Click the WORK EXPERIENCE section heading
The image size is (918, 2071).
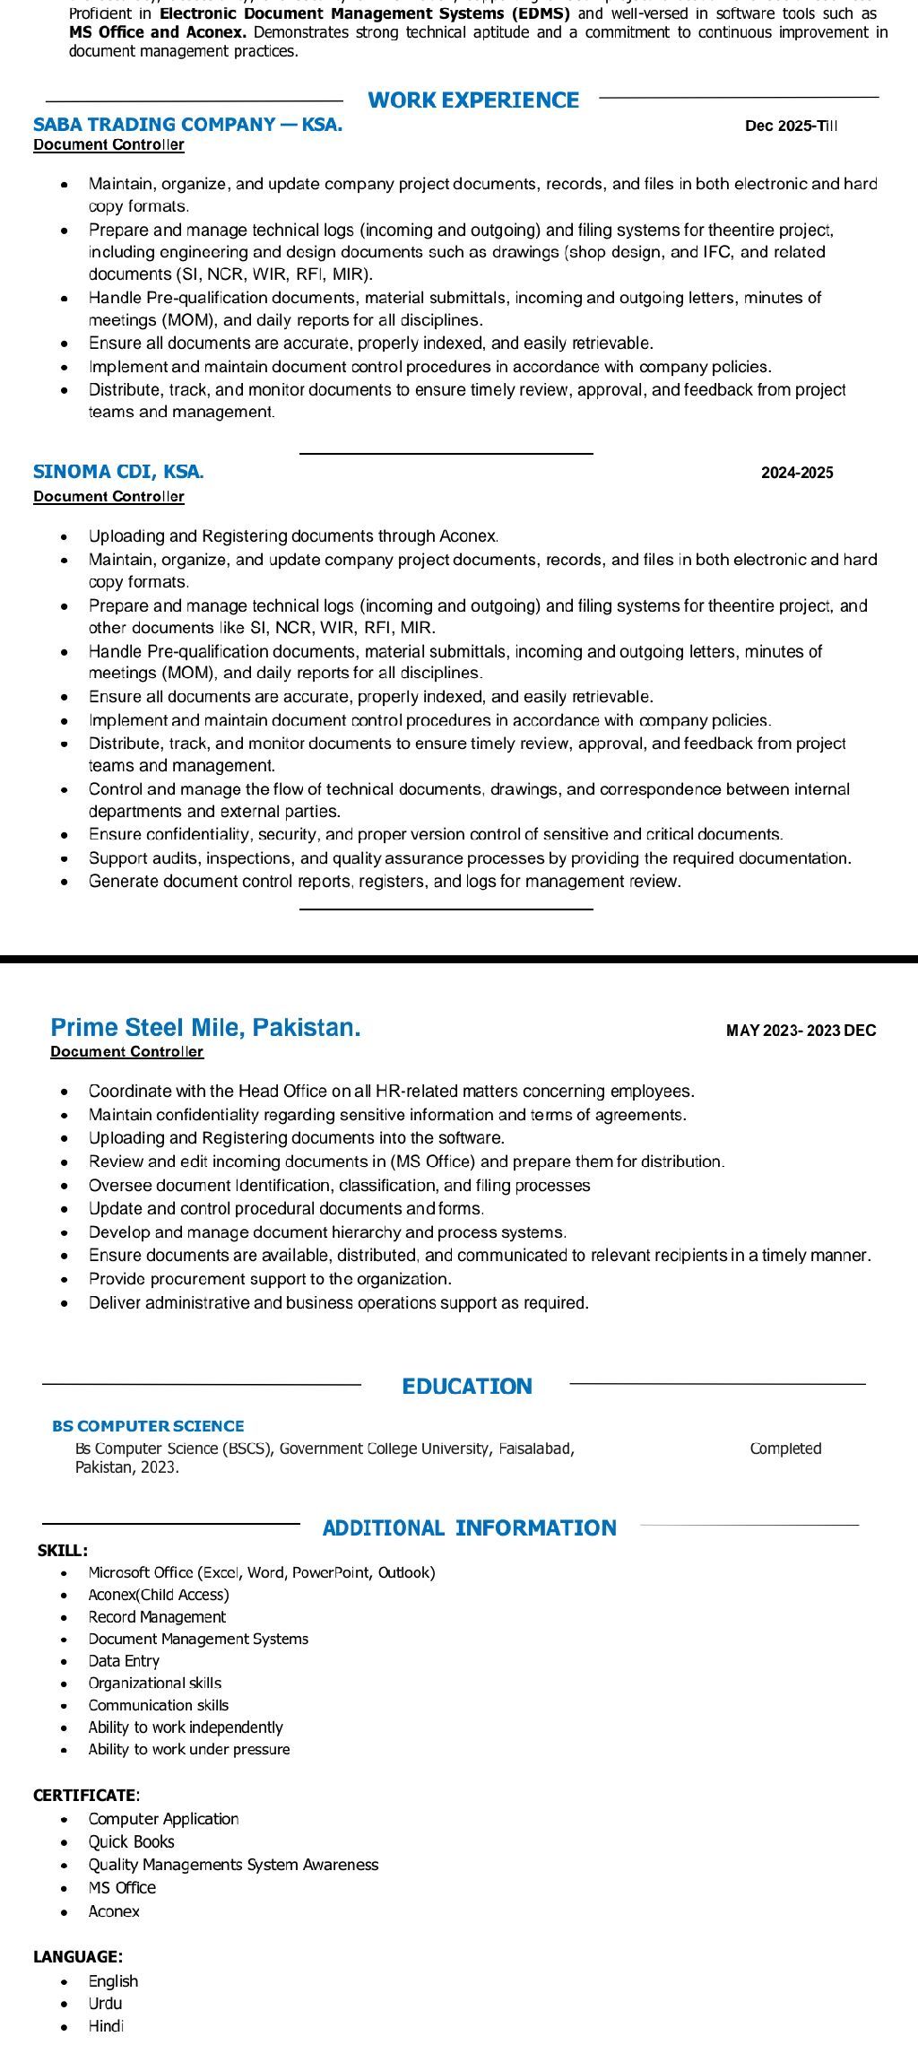coord(473,100)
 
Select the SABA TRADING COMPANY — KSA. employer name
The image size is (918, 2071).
coord(187,125)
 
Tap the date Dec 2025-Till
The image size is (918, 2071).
coord(791,126)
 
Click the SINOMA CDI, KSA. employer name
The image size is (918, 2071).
coord(118,472)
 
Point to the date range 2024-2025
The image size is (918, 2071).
coord(797,473)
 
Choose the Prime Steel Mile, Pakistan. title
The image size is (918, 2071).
coord(205,1028)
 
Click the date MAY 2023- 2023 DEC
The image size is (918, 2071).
coord(801,1031)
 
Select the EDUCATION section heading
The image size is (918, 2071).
coord(467,1387)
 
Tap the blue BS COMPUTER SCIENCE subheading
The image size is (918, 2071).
coord(148,1426)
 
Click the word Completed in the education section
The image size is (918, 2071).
coord(785,1449)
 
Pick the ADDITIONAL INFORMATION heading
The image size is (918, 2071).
coord(469,1528)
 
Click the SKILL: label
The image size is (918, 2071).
coord(63,1551)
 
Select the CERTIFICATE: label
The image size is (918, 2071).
coord(86,1796)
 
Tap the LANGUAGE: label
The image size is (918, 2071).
coord(78,1957)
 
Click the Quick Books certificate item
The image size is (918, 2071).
coord(131,1841)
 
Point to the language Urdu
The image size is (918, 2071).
coord(105,2003)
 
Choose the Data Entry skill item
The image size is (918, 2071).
coord(124,1661)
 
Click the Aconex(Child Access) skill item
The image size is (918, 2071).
coord(159,1595)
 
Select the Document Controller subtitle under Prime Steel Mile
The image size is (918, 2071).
coord(126,1052)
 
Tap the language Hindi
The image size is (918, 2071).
coord(106,2026)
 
